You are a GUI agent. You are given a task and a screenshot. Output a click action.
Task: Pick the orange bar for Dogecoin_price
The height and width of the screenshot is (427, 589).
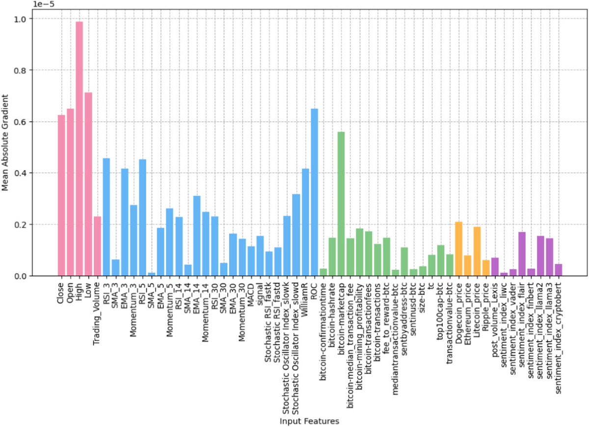(x=458, y=249)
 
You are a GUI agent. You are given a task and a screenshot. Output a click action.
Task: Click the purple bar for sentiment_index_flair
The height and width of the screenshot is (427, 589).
(x=522, y=254)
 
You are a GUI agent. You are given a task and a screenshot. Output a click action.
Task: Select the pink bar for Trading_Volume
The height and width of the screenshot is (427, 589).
(x=97, y=246)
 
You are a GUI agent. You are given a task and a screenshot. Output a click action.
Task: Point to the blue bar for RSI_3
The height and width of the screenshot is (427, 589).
(x=106, y=217)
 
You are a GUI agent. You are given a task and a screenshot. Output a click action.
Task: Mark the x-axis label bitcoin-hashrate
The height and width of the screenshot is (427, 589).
(x=332, y=308)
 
